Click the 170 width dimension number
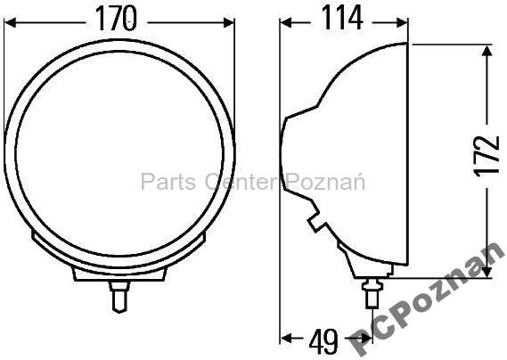point(120,18)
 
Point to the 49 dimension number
point(323,340)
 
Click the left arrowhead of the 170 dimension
point(10,20)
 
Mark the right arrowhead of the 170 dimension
point(233,20)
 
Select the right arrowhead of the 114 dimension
point(402,20)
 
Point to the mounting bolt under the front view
point(119,293)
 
